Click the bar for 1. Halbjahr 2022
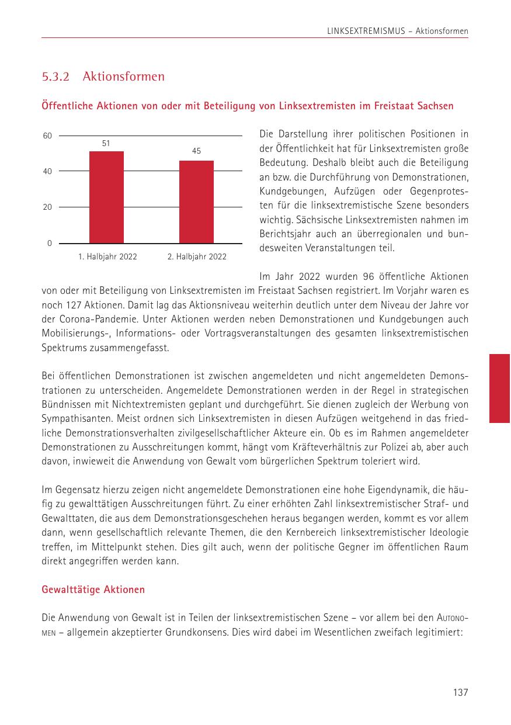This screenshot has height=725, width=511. [x=106, y=197]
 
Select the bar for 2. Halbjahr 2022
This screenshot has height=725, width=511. [x=196, y=202]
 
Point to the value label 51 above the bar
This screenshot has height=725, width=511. [x=106, y=143]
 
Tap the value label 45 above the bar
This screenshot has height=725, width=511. [x=196, y=151]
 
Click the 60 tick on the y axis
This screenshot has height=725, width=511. [x=47, y=136]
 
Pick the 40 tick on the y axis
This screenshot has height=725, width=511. [x=47, y=172]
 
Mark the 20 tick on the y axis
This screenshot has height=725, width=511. [x=47, y=207]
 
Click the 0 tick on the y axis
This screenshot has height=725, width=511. [x=50, y=243]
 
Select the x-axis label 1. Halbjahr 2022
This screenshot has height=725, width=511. [x=107, y=257]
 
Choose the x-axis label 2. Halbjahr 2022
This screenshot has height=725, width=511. [x=197, y=257]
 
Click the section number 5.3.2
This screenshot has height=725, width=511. [x=56, y=77]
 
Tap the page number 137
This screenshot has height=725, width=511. [x=461, y=693]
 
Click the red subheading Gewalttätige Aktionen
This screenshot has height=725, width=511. [x=93, y=590]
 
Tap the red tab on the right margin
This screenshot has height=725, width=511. [x=499, y=388]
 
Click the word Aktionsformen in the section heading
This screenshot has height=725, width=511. [x=124, y=77]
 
